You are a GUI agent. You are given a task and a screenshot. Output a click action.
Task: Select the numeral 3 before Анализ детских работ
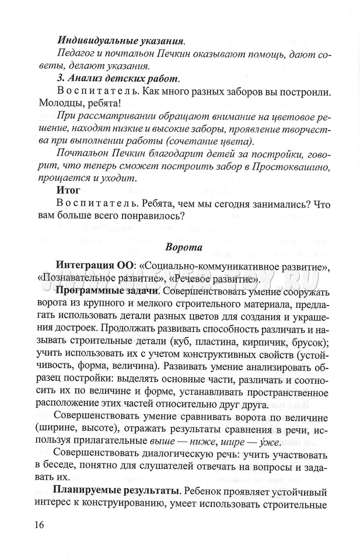click(60, 78)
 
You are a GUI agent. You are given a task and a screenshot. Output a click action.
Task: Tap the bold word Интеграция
click(84, 267)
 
